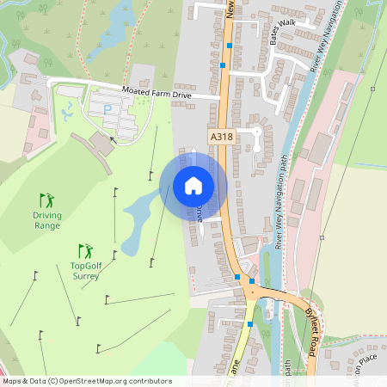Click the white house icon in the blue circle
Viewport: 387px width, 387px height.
[193, 185]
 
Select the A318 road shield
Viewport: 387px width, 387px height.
[221, 136]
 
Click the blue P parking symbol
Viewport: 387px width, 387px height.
[107, 109]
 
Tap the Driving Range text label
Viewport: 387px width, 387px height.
[47, 220]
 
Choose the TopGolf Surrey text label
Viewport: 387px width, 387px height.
[85, 271]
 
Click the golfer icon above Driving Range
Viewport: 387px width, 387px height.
[46, 200]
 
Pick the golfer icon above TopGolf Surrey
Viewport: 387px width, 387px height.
[85, 251]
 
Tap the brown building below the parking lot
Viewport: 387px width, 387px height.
[102, 144]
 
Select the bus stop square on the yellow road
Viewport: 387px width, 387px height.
[250, 324]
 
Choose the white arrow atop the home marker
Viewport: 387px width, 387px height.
[193, 156]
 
